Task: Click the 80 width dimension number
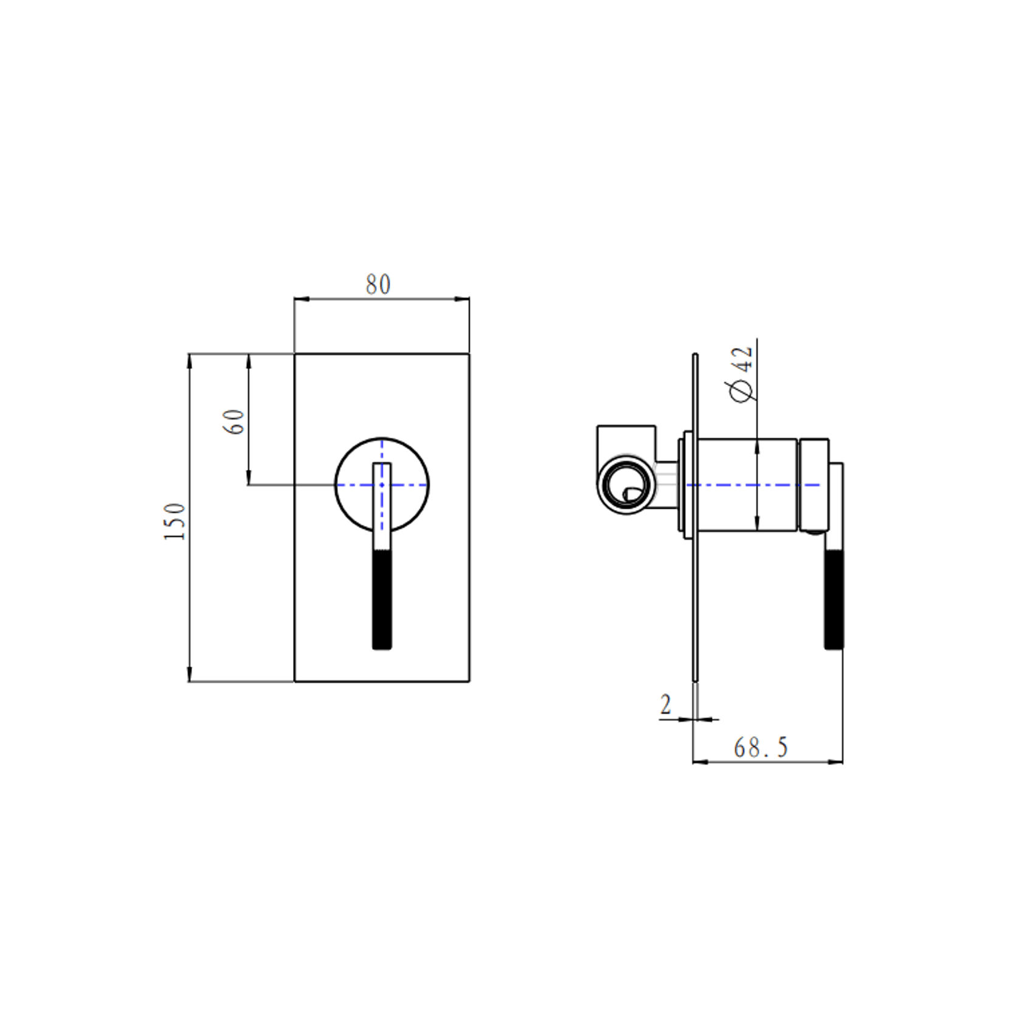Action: click(x=378, y=285)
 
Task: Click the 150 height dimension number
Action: click(x=174, y=521)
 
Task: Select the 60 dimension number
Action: click(x=234, y=421)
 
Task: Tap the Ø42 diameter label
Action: click(x=742, y=374)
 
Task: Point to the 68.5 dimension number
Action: click(x=760, y=748)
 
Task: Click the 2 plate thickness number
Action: click(x=666, y=705)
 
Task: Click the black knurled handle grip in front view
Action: click(x=382, y=599)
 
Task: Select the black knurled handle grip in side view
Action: click(x=834, y=599)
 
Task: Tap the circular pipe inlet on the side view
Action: click(x=626, y=485)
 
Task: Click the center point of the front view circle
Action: click(x=382, y=485)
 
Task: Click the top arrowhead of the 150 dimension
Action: click(x=190, y=361)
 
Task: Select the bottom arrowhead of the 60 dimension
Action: click(x=248, y=478)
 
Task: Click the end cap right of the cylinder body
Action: click(x=814, y=485)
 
